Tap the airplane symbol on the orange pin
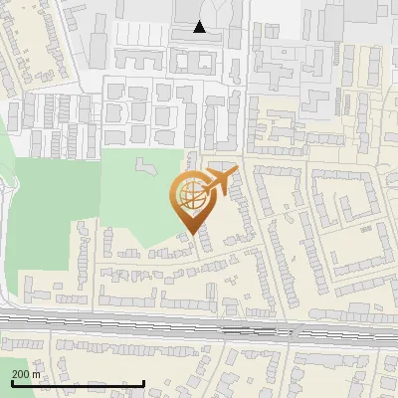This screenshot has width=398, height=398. click(x=216, y=182)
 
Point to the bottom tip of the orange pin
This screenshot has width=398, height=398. click(x=192, y=232)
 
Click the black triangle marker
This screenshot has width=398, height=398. click(x=200, y=27)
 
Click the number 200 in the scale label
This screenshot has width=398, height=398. click(x=20, y=374)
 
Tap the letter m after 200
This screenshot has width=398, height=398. click(x=37, y=374)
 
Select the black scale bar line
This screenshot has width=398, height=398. click(x=76, y=383)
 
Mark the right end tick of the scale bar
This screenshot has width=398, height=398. click(x=143, y=382)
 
